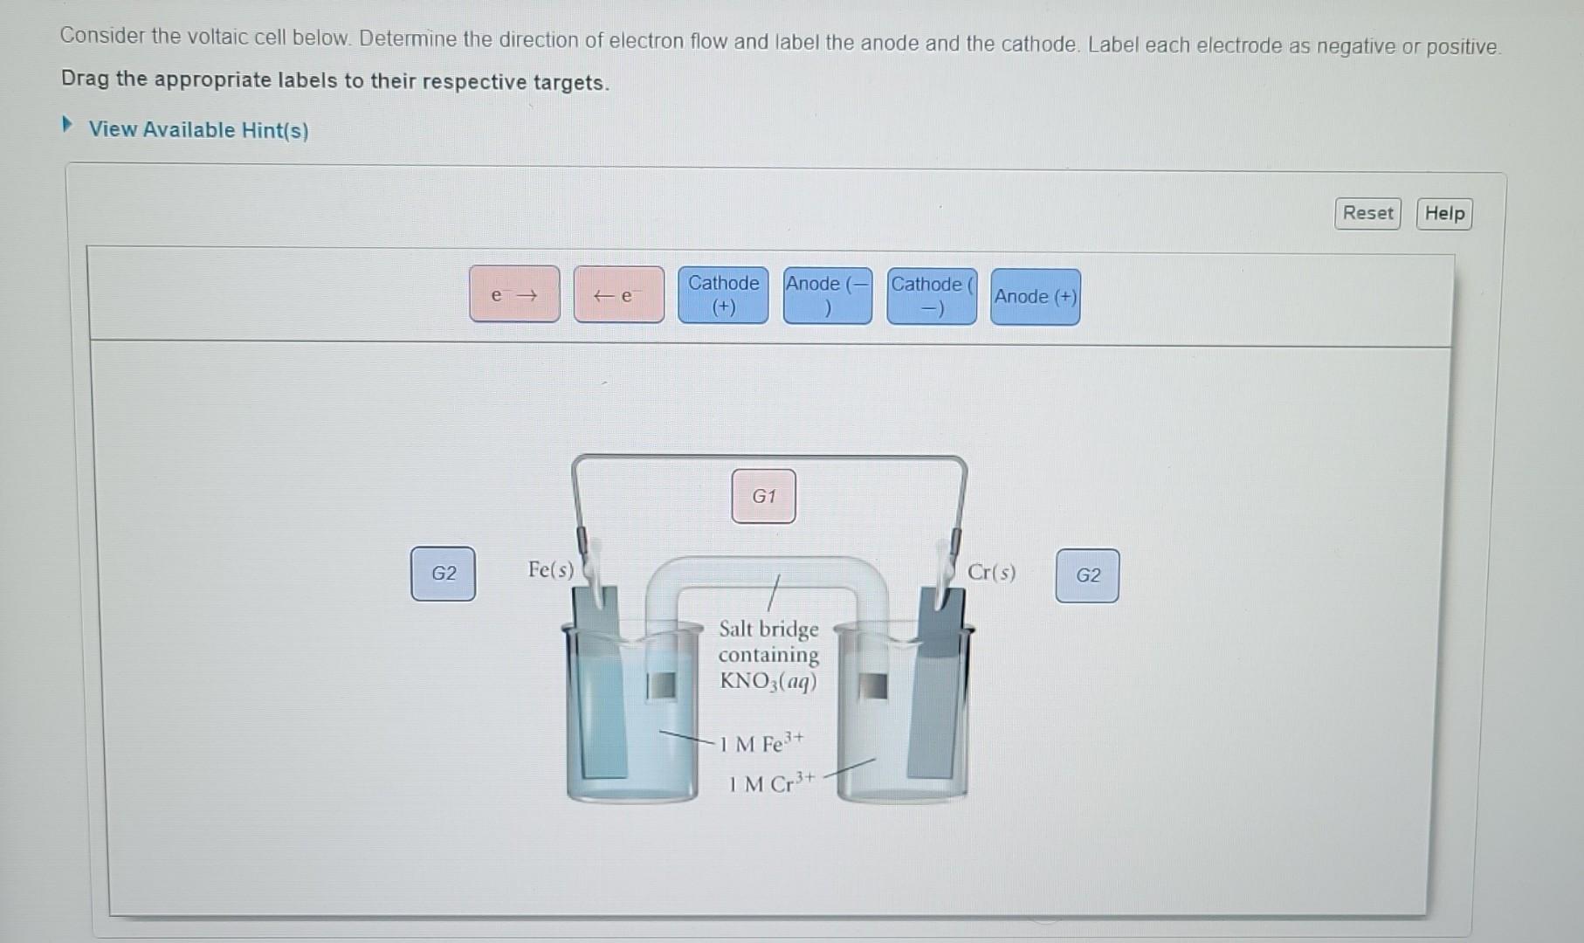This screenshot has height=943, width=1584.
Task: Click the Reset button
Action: tap(1367, 213)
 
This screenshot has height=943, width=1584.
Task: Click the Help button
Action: tap(1444, 214)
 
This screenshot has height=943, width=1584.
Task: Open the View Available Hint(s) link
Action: tap(198, 130)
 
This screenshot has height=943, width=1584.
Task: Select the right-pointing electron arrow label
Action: tap(514, 294)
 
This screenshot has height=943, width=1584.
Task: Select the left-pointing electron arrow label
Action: tap(618, 295)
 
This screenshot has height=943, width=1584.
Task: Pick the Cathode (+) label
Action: tap(723, 295)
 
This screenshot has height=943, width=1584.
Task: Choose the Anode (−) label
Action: tap(827, 296)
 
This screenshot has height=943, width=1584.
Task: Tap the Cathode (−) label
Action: tap(931, 297)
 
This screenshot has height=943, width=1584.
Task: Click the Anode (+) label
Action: tap(1035, 297)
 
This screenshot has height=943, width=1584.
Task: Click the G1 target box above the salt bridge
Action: tap(763, 496)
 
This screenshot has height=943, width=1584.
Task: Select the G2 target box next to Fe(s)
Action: tap(444, 574)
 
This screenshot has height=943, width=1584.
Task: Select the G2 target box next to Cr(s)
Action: tap(1087, 575)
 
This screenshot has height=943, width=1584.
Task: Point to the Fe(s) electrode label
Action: tap(551, 570)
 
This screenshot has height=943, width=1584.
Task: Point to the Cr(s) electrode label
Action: tap(991, 573)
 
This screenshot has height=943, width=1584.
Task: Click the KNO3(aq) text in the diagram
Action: tap(768, 681)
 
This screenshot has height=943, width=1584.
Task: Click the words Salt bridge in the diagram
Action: tap(768, 629)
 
